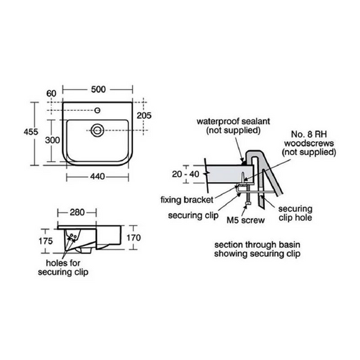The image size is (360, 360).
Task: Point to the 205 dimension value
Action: click(143, 115)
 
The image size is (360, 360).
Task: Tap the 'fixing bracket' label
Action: click(187, 200)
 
